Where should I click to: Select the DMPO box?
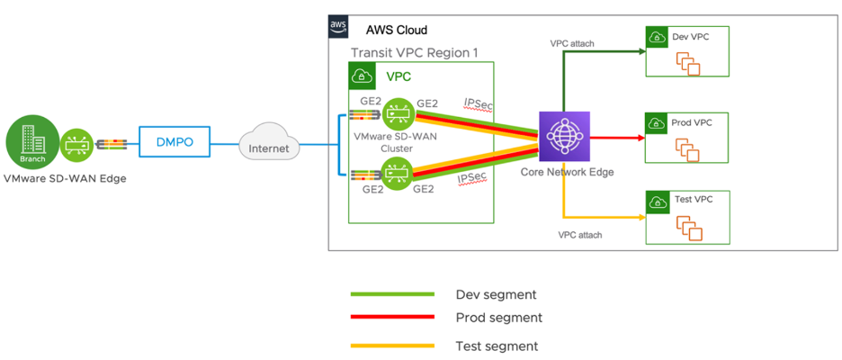click(x=174, y=140)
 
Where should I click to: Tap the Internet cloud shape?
click(x=269, y=146)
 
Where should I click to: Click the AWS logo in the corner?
click(x=338, y=27)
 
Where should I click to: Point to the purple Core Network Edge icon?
click(x=563, y=138)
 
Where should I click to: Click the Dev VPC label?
click(x=691, y=37)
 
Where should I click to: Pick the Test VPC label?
click(x=692, y=199)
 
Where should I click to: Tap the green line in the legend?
click(x=391, y=294)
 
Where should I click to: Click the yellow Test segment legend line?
click(x=391, y=346)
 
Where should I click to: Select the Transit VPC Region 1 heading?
click(x=414, y=53)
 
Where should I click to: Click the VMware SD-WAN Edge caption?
click(x=66, y=178)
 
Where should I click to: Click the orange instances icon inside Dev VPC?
click(x=688, y=63)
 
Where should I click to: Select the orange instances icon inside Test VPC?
click(x=688, y=227)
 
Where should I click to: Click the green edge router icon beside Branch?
click(x=76, y=143)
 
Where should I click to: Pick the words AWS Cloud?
click(x=396, y=30)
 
